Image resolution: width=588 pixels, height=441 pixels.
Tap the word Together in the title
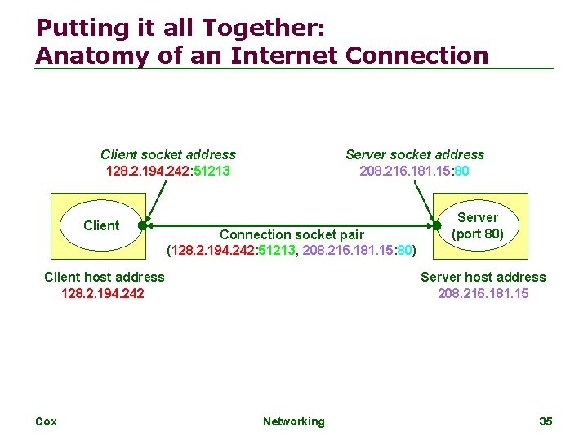[261, 29]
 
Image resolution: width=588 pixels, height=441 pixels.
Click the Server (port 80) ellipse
[478, 225]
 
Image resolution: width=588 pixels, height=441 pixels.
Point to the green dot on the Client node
[141, 226]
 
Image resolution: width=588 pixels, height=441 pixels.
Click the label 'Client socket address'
[168, 154]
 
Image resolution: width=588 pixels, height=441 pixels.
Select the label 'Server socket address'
[415, 154]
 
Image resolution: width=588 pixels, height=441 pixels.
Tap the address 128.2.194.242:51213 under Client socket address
[168, 171]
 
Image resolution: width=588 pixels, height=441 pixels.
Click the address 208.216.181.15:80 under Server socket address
[415, 171]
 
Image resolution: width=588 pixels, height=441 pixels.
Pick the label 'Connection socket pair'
[292, 235]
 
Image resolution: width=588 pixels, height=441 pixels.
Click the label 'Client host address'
[105, 277]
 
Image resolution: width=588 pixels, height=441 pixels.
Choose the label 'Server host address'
[483, 277]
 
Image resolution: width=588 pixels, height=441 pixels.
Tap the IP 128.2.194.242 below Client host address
[103, 293]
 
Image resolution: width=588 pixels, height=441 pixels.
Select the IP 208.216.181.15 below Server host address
[483, 293]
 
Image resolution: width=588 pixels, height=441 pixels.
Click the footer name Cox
[46, 421]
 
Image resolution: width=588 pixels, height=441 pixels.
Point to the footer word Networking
[293, 421]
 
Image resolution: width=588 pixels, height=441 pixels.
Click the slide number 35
[546, 421]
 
